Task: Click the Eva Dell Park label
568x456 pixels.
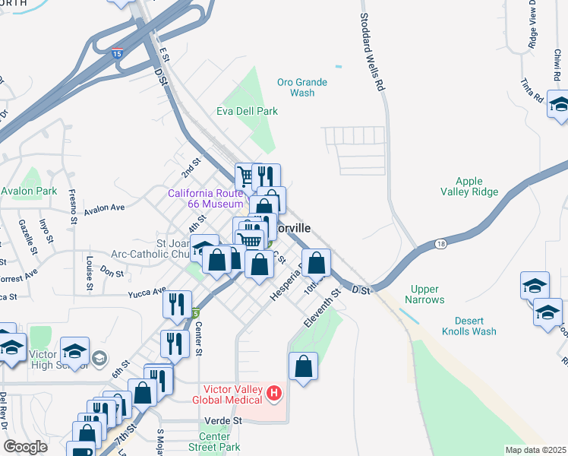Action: pos(248,111)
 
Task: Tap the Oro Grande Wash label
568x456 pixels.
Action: pos(301,87)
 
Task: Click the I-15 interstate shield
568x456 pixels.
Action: pos(116,53)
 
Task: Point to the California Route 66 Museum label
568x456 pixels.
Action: pos(205,198)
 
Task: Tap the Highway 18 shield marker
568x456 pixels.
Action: pos(441,244)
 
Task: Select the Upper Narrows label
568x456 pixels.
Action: pos(426,294)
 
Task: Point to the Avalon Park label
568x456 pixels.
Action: pos(29,191)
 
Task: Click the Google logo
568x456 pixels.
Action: pos(26,446)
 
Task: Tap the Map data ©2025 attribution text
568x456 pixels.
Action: pos(535,450)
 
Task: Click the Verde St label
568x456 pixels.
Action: pos(222,420)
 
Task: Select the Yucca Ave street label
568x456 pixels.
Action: pos(147,291)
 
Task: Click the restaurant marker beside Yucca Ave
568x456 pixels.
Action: pos(176,304)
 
